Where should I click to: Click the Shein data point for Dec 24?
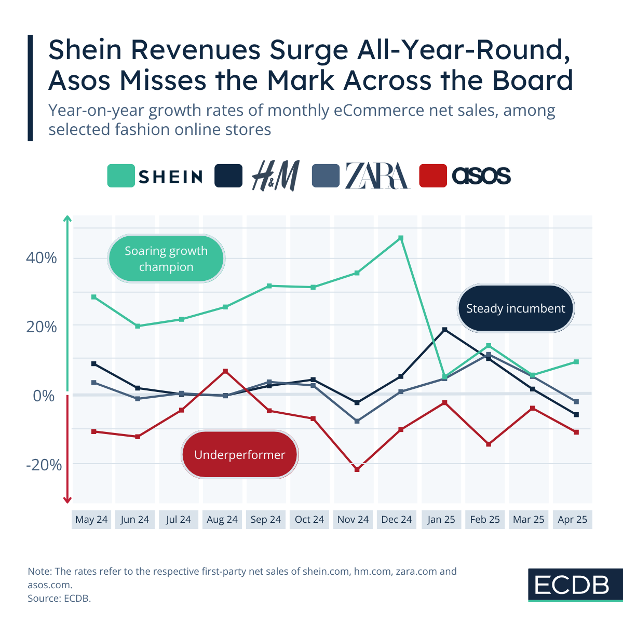click(401, 238)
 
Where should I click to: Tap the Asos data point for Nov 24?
click(357, 469)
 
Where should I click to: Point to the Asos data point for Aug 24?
click(225, 371)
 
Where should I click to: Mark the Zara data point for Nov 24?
click(357, 421)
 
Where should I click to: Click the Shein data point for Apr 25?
click(576, 362)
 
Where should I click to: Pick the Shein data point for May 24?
click(94, 297)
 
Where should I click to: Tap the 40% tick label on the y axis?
click(42, 258)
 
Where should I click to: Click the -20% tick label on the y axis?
click(44, 465)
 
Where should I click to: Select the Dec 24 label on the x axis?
click(397, 520)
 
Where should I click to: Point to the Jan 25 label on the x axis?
click(441, 520)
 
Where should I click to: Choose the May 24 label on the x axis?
click(91, 520)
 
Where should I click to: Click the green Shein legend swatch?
click(121, 176)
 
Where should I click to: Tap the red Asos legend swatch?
click(433, 176)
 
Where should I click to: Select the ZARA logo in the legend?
click(377, 175)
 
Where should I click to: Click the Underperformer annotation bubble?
click(240, 455)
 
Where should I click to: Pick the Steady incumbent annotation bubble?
click(516, 308)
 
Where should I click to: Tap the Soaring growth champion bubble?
click(166, 259)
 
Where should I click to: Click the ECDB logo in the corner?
click(572, 585)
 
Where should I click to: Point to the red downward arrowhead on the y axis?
click(67, 500)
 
